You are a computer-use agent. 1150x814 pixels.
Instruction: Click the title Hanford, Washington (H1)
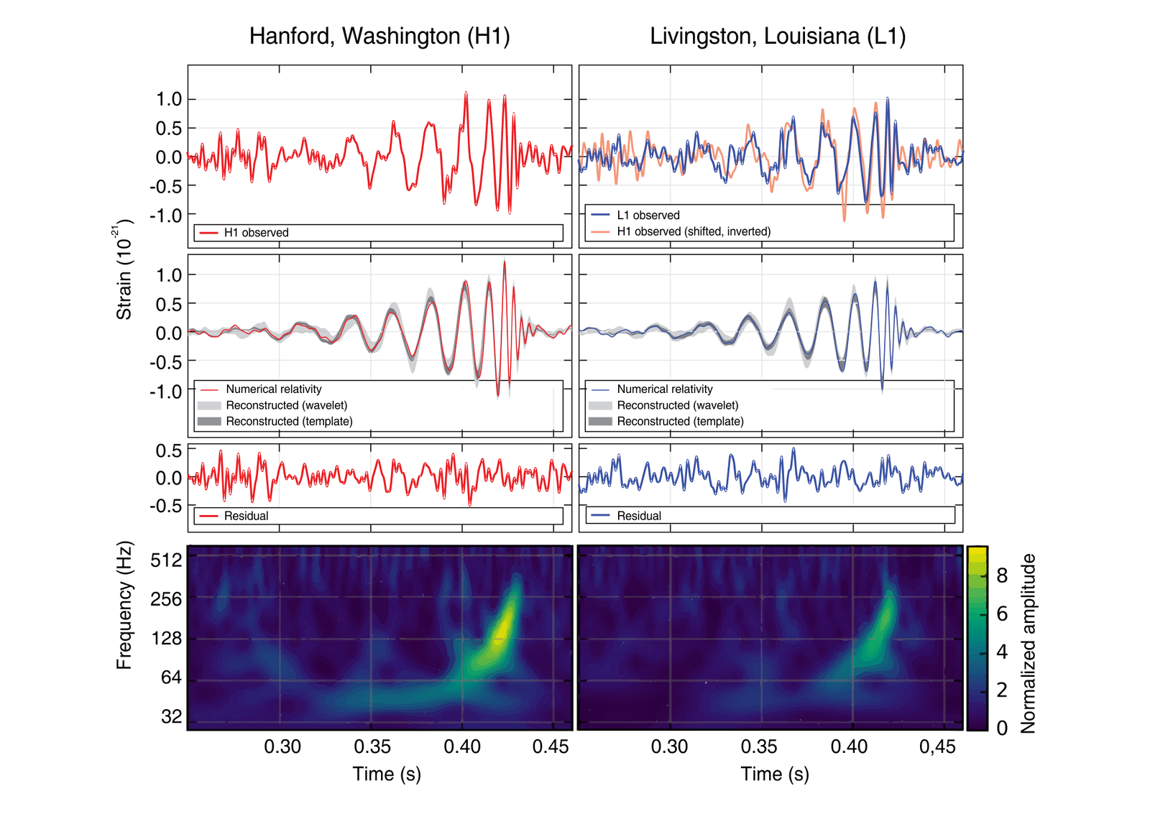[x=379, y=36]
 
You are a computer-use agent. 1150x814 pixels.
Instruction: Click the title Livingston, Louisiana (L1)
[x=778, y=36]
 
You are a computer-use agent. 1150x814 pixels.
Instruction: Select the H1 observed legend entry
[x=256, y=233]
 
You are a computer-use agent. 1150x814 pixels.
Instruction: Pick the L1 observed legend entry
[x=648, y=215]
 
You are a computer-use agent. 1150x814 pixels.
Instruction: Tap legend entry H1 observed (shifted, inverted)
[x=693, y=231]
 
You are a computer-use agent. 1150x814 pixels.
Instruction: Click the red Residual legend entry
[x=246, y=516]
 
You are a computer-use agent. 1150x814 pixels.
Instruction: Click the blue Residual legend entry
[x=638, y=516]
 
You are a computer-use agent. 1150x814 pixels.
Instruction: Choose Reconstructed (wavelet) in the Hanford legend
[x=286, y=405]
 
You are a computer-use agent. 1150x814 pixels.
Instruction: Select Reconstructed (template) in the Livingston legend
[x=680, y=421]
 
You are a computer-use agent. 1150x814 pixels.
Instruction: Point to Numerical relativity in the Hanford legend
[x=273, y=389]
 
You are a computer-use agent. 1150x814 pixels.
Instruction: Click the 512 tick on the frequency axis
[x=167, y=560]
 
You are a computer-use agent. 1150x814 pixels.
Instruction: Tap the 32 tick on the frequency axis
[x=172, y=716]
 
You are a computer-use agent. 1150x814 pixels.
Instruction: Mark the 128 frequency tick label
[x=167, y=638]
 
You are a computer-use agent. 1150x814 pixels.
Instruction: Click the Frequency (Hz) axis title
[x=124, y=605]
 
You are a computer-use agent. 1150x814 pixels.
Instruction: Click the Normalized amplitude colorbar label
[x=1028, y=643]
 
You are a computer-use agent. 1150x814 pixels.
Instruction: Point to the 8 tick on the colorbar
[x=1002, y=575]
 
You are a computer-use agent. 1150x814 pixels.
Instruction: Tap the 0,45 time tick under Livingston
[x=937, y=747]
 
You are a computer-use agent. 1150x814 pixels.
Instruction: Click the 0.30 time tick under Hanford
[x=282, y=747]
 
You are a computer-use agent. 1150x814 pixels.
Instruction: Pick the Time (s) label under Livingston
[x=775, y=774]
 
